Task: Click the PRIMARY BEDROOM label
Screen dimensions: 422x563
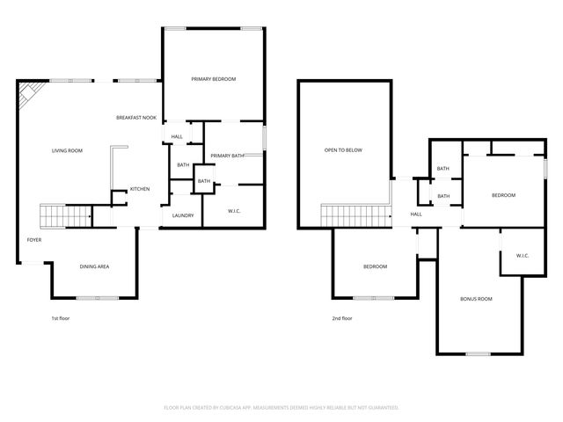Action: click(x=214, y=79)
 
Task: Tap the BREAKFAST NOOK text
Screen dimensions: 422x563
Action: click(x=136, y=118)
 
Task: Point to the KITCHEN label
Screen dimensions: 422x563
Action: click(x=140, y=189)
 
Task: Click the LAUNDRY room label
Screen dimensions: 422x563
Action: click(x=183, y=215)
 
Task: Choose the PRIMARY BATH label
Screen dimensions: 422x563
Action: click(x=226, y=156)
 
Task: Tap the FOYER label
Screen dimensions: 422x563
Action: click(x=33, y=239)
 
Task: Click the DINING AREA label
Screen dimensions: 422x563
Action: click(x=94, y=266)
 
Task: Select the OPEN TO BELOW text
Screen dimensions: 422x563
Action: click(x=343, y=150)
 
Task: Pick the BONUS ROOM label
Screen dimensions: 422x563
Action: click(x=476, y=299)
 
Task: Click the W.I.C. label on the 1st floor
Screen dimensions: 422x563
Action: click(x=235, y=210)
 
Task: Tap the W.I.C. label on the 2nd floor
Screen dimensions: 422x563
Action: click(x=521, y=256)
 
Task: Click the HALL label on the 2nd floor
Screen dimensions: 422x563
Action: click(x=416, y=214)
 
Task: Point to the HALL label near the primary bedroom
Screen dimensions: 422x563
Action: click(x=177, y=136)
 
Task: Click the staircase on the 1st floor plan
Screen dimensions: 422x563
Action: click(x=66, y=215)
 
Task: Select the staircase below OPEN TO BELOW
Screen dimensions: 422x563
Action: click(x=355, y=215)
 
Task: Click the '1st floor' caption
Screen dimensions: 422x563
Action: click(x=60, y=318)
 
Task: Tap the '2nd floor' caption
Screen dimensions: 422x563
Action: click(x=342, y=318)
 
